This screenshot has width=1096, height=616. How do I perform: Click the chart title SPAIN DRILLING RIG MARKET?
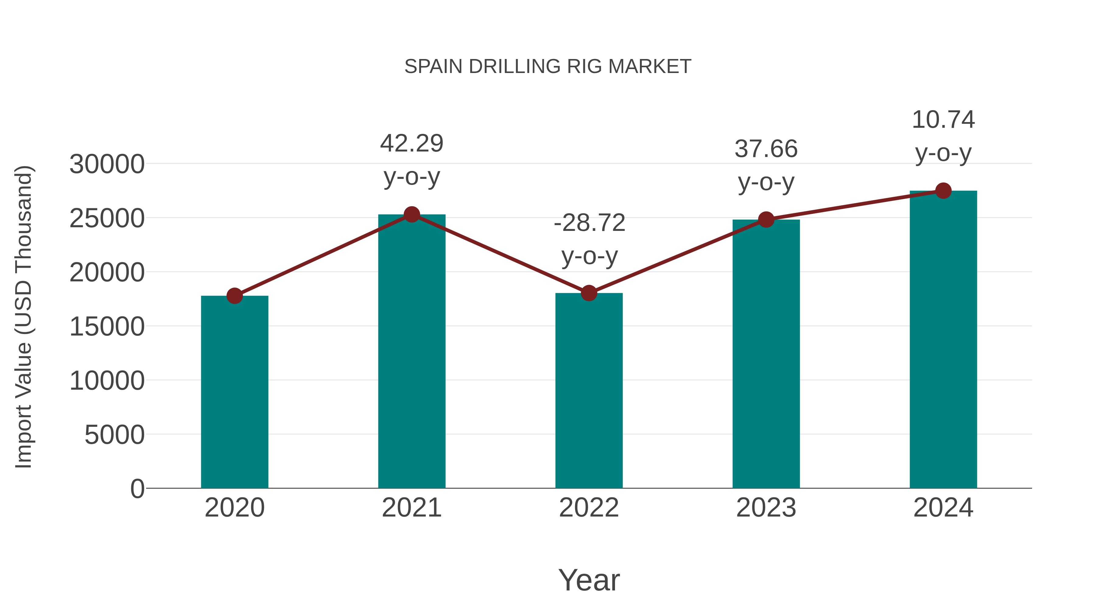coord(548,67)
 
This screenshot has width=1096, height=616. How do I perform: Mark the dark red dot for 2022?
coord(589,293)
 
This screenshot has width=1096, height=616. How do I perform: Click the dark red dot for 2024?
coord(943,191)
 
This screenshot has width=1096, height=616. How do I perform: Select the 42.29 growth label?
coord(411,143)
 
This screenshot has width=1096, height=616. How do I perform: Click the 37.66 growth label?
coord(766,149)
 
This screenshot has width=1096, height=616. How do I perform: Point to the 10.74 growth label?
coord(943,120)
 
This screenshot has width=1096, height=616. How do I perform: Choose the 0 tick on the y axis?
coord(137,489)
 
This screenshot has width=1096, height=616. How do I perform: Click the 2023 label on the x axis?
coord(766,508)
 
